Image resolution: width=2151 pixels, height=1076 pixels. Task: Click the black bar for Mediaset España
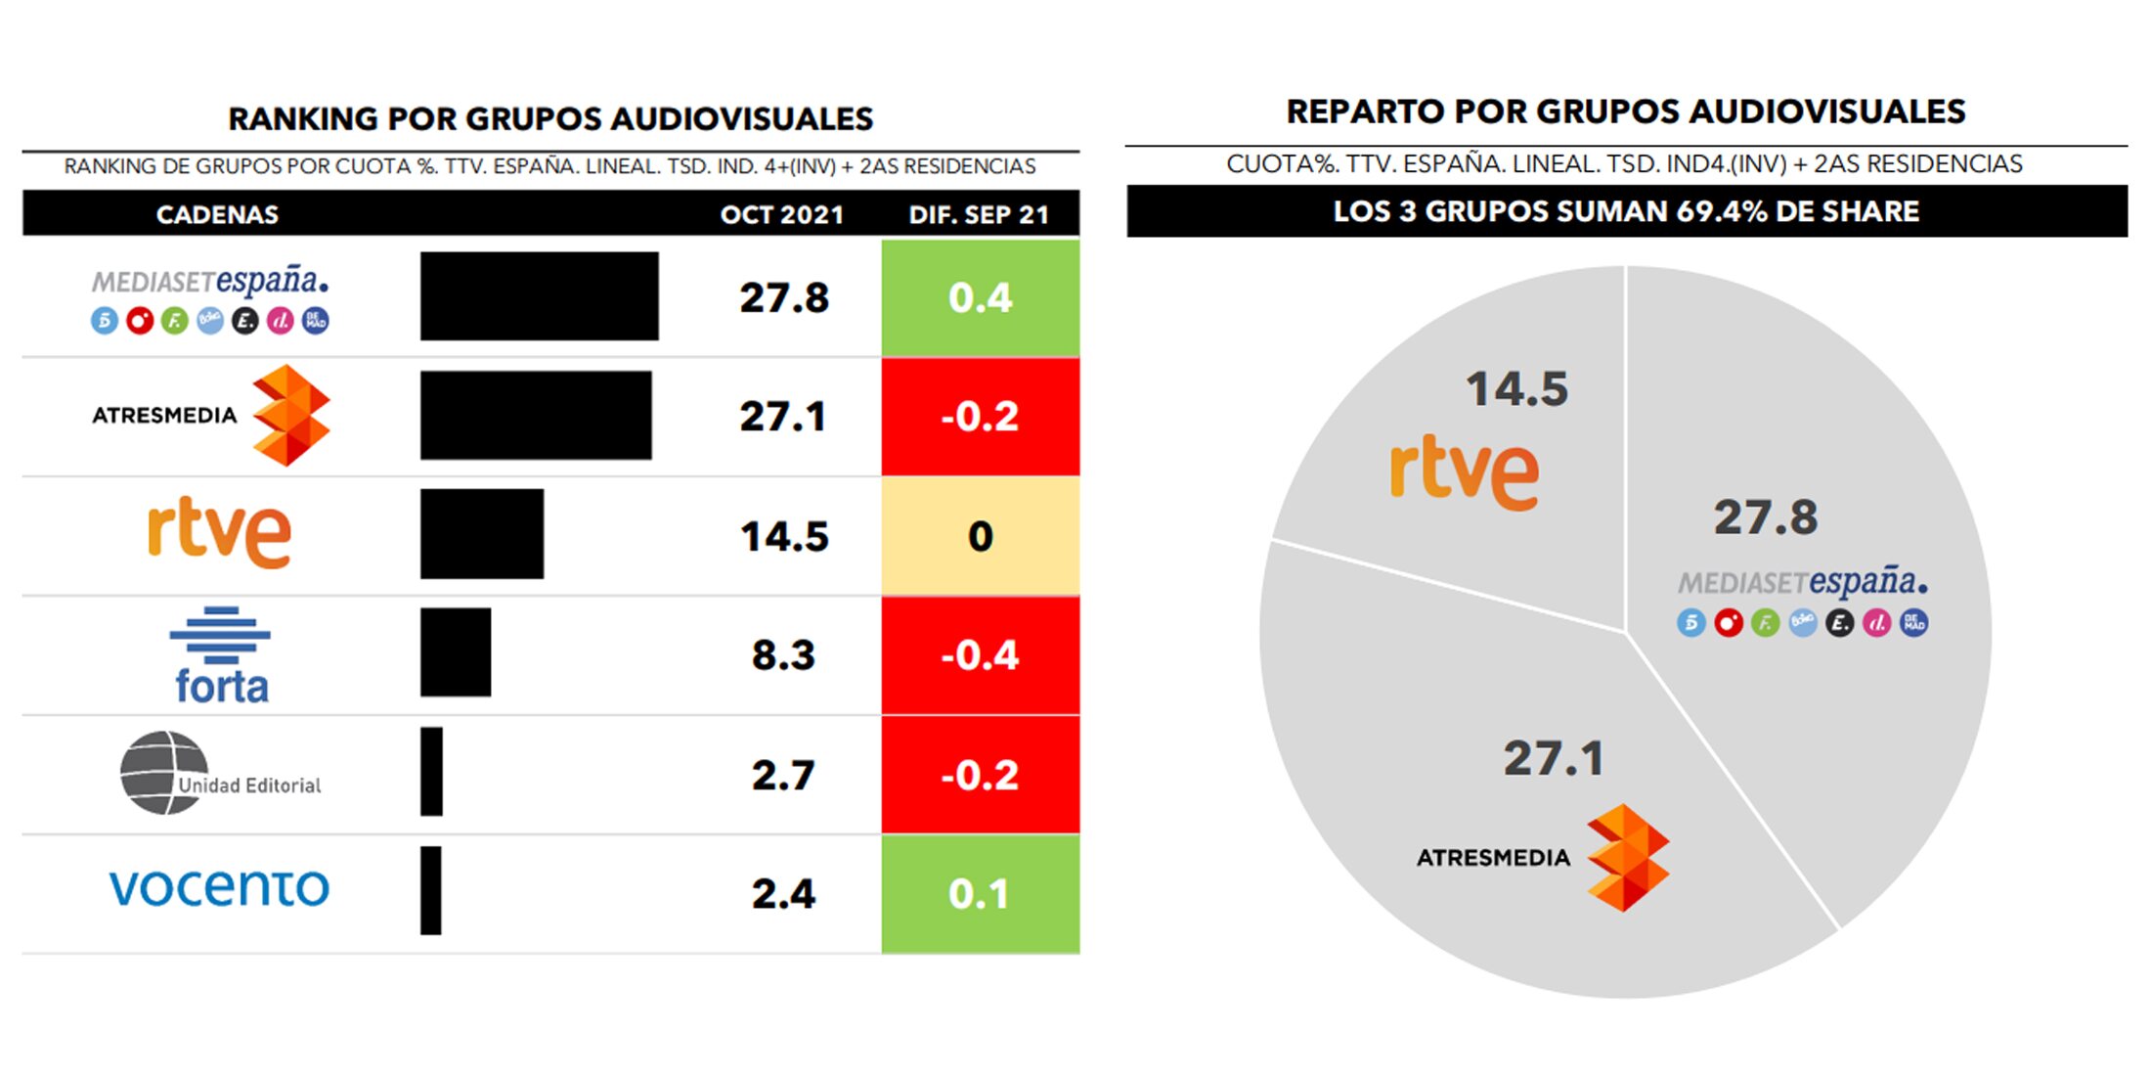click(x=539, y=296)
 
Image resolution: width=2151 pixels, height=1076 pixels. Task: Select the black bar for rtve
click(x=482, y=534)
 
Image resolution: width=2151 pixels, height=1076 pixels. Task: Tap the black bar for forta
click(x=456, y=652)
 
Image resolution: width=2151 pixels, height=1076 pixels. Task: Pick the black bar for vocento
click(x=431, y=890)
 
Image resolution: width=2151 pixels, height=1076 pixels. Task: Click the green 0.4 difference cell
click(x=981, y=297)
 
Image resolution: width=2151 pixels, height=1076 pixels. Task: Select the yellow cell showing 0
click(x=981, y=536)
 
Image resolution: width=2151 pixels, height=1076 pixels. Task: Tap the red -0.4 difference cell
click(x=981, y=655)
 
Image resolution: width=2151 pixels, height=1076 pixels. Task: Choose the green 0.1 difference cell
click(x=981, y=893)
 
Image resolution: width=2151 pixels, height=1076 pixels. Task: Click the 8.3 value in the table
click(x=783, y=655)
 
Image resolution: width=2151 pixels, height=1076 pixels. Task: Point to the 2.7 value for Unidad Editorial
click(x=783, y=775)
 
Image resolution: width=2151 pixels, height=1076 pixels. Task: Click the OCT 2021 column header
click(x=782, y=214)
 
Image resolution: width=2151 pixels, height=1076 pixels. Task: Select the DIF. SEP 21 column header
click(x=979, y=214)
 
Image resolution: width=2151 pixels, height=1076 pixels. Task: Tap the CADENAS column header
click(x=217, y=214)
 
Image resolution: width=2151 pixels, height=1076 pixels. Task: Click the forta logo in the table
click(x=221, y=655)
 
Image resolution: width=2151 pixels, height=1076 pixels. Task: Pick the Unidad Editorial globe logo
click(x=162, y=773)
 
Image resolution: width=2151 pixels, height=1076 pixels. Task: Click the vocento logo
click(x=219, y=888)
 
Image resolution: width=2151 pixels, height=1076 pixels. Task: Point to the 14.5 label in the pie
click(x=1516, y=389)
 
